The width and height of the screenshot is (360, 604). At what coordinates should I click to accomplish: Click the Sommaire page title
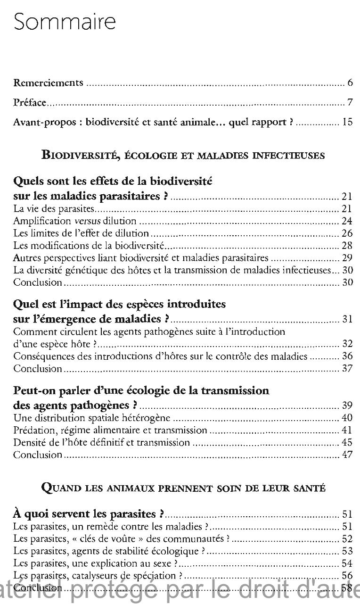point(65,22)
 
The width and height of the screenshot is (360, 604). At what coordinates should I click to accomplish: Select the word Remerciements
point(48,83)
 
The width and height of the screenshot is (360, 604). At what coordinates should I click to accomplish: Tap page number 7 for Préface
point(350,102)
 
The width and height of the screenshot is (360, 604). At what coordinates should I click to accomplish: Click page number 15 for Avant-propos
point(347,122)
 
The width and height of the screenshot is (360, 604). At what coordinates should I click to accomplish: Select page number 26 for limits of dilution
point(347,233)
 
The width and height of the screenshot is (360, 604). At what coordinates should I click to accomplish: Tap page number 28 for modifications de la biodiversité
point(347,245)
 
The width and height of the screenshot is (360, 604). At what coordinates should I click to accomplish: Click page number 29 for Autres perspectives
point(347,257)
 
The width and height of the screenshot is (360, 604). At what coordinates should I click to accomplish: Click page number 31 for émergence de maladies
point(347,319)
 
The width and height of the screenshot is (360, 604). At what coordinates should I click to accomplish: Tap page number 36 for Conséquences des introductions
point(347,356)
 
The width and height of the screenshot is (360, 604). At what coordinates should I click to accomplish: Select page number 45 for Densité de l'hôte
point(347,442)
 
